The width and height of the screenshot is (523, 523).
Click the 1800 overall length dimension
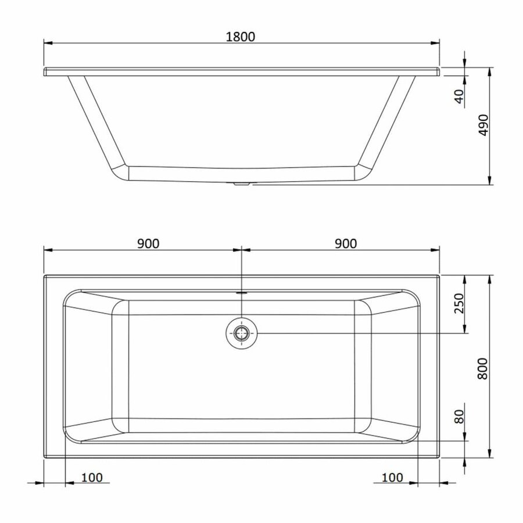click(x=241, y=36)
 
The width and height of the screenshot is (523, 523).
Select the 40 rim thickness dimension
click(x=458, y=96)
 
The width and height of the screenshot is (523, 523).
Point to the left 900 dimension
click(x=148, y=243)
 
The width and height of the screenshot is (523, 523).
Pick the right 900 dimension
click(x=345, y=243)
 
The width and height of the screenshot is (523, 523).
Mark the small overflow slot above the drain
click(x=241, y=292)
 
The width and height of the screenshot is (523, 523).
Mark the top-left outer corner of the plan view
click(x=45, y=275)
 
